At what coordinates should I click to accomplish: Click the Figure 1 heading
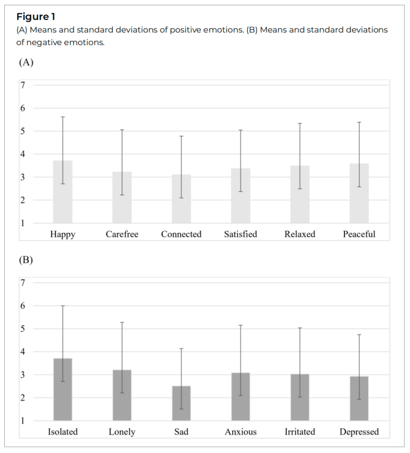(x=36, y=17)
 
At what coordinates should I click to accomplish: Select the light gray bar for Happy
(x=63, y=192)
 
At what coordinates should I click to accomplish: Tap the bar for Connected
(x=181, y=199)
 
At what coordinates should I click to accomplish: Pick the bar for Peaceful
(x=359, y=193)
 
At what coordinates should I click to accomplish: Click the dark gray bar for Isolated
(x=63, y=390)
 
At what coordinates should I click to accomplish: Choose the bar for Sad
(x=181, y=403)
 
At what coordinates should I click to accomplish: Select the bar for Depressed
(x=359, y=398)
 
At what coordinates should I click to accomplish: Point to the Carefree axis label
(x=122, y=234)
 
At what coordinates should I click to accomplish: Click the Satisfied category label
(x=240, y=234)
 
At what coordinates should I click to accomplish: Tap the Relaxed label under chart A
(x=300, y=234)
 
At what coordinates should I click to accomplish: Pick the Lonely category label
(x=122, y=432)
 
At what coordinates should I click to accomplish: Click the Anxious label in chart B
(x=240, y=432)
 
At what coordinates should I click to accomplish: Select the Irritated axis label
(x=300, y=432)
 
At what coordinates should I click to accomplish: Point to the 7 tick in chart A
(x=23, y=85)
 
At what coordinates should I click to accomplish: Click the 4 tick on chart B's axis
(x=23, y=352)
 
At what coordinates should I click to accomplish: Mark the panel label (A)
(x=26, y=62)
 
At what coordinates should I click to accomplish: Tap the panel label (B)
(x=26, y=260)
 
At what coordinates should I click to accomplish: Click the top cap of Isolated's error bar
(x=63, y=305)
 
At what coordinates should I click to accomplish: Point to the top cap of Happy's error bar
(x=63, y=117)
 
